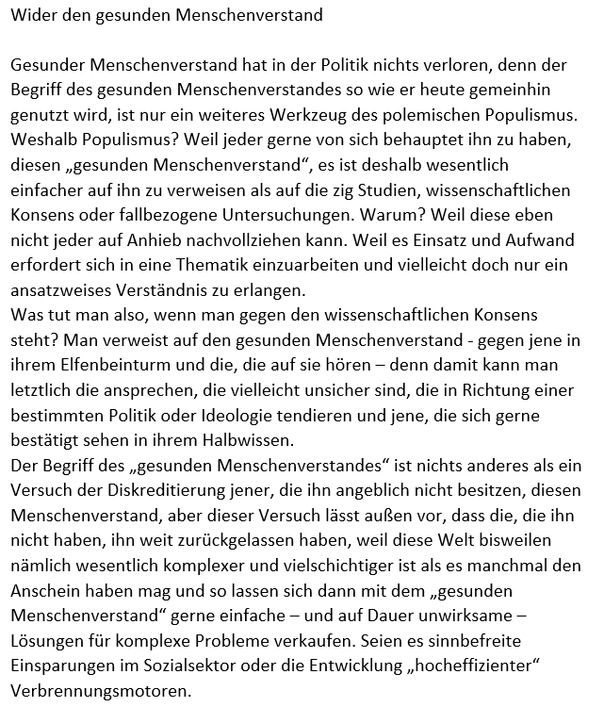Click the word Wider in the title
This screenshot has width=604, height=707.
tap(30, 14)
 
